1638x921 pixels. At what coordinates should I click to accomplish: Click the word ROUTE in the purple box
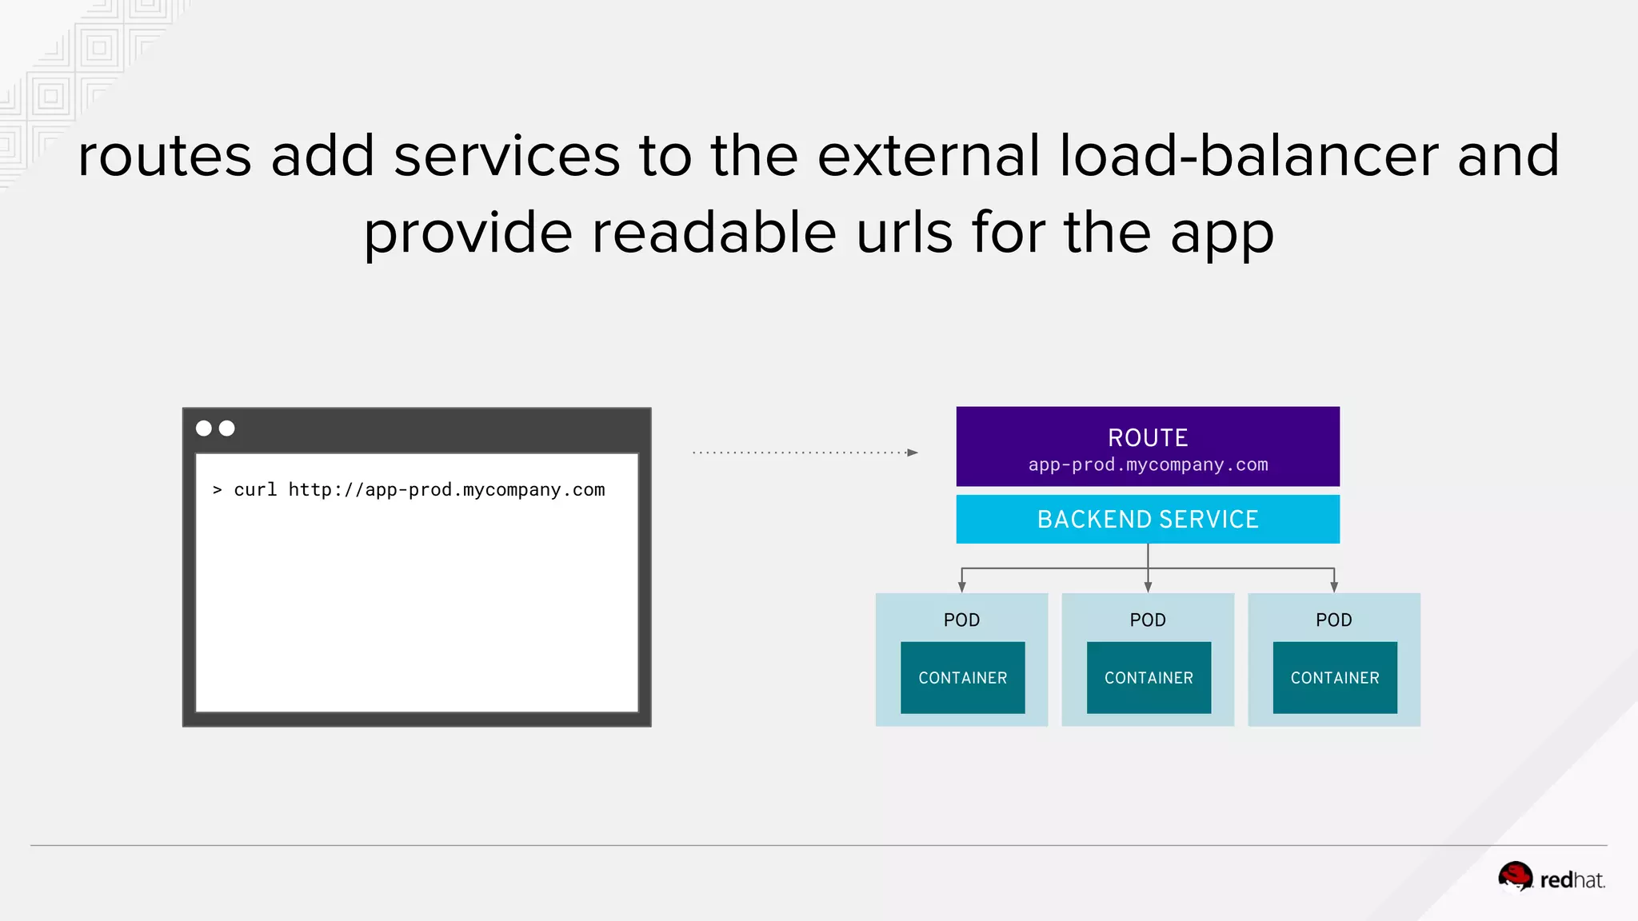tap(1148, 437)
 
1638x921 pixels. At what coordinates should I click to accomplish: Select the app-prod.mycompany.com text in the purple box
tap(1148, 464)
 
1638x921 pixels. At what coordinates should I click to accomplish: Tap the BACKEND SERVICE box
tap(1148, 520)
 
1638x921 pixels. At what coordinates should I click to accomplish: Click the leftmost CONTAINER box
tap(962, 678)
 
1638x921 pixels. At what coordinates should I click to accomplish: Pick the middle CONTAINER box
tap(1149, 678)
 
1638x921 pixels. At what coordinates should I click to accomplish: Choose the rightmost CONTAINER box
tap(1335, 678)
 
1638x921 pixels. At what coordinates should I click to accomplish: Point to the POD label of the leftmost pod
tap(961, 620)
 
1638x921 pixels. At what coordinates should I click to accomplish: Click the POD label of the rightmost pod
tap(1333, 620)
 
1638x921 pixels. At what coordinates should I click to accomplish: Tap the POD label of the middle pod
tap(1148, 620)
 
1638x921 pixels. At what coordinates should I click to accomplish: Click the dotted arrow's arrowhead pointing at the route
tap(913, 453)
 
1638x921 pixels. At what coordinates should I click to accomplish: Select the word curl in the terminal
tap(255, 489)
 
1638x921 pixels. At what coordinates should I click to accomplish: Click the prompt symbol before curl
tap(217, 489)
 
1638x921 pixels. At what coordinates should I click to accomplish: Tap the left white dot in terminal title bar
tap(204, 429)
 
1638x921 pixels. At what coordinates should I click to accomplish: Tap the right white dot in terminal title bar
tap(227, 429)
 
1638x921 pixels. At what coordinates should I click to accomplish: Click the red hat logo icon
tap(1515, 876)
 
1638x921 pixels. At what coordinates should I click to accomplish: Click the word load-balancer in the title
tap(1248, 155)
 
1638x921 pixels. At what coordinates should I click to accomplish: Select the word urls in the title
tap(905, 233)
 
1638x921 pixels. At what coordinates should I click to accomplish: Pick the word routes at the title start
tap(165, 157)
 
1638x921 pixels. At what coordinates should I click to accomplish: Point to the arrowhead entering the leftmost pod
tap(962, 588)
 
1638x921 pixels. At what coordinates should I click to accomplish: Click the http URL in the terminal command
tap(446, 489)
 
